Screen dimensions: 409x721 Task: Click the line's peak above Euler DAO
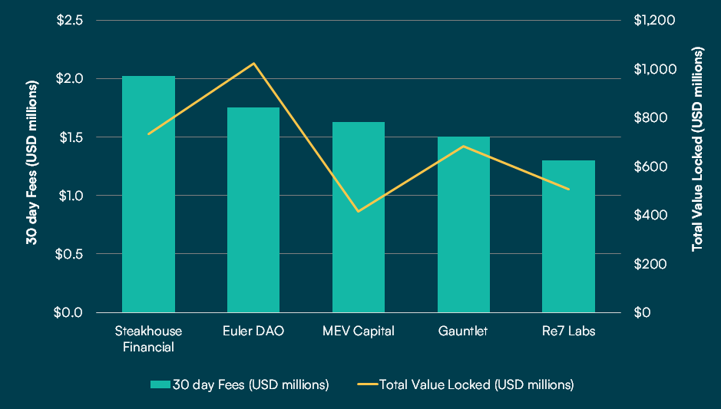coord(253,63)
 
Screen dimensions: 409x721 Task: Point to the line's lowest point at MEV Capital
coord(359,211)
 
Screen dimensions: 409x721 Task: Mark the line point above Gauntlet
coord(464,146)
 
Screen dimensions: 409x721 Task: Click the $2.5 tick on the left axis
coord(70,20)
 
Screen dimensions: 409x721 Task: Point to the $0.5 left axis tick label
coord(70,254)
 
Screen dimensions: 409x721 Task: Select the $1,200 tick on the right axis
coord(654,20)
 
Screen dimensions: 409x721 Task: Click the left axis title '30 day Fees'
coord(32,166)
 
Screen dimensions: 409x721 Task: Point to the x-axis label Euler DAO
coord(253,331)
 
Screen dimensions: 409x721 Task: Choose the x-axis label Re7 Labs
coord(569,331)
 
